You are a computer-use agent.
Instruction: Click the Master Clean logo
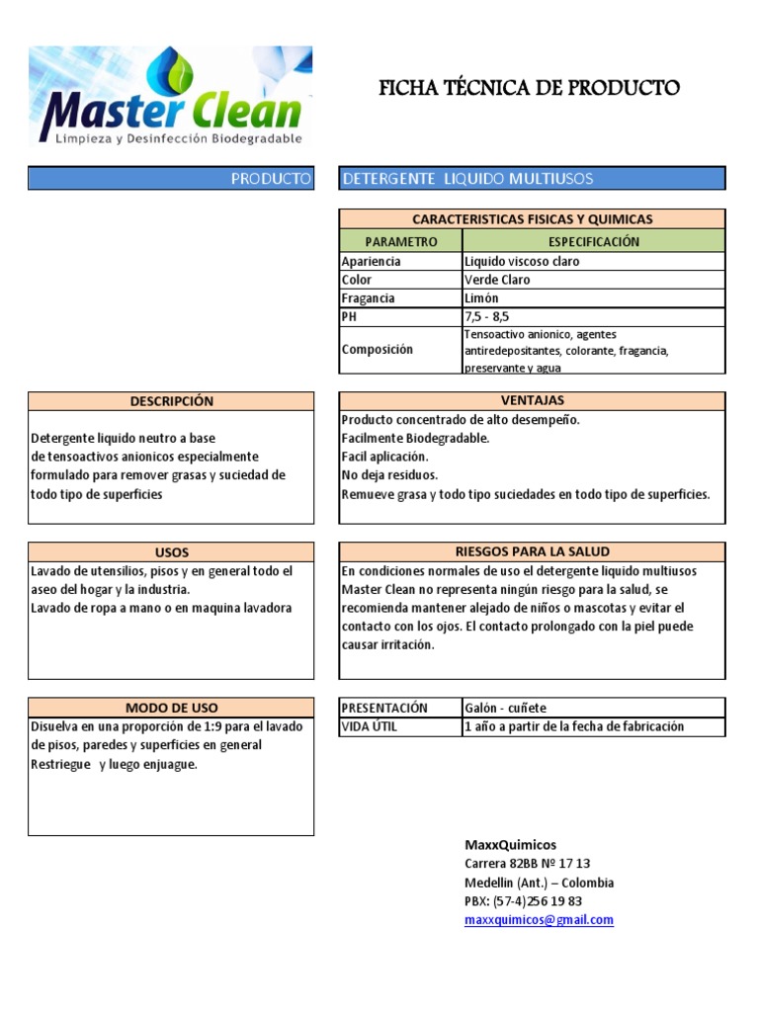[x=170, y=98]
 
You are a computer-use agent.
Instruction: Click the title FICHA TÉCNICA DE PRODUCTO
[x=530, y=88]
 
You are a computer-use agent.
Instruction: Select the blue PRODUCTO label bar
[x=171, y=178]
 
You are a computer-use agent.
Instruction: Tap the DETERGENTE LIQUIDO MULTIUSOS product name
[x=467, y=178]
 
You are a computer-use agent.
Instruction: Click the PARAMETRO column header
[x=400, y=241]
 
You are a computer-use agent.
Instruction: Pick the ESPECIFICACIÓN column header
[x=593, y=241]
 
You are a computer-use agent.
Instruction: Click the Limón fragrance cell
[x=481, y=298]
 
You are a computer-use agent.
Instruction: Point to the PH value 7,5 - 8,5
[x=486, y=317]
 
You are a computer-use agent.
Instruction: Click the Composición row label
[x=378, y=350]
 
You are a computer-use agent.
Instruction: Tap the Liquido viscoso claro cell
[x=522, y=262]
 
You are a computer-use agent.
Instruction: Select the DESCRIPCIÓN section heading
[x=171, y=401]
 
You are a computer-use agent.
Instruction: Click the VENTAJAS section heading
[x=532, y=401]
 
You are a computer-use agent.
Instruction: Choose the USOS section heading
[x=171, y=552]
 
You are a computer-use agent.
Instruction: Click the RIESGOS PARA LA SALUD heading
[x=532, y=551]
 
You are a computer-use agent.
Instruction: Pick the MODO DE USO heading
[x=171, y=708]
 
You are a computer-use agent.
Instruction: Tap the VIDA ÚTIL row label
[x=369, y=726]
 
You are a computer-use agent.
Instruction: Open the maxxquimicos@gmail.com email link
[x=539, y=919]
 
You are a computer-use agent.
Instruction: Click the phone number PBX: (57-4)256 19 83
[x=523, y=900]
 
